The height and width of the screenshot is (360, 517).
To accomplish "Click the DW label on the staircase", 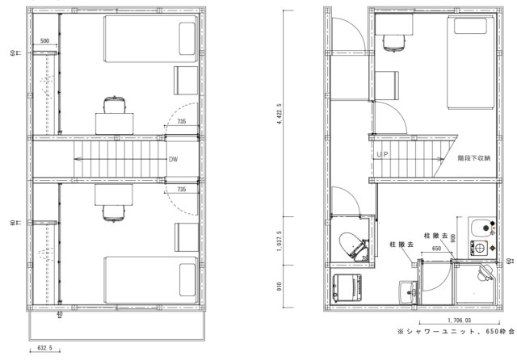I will coord(173,159).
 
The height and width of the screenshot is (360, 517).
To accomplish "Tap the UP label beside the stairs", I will coord(382,153).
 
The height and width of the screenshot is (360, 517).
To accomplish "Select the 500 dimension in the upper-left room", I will coord(44,40).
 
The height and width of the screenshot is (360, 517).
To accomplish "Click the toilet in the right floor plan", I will coord(355,244).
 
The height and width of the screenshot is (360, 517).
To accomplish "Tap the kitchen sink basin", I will coord(478,226).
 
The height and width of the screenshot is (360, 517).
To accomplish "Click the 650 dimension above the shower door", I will coord(436,249).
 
